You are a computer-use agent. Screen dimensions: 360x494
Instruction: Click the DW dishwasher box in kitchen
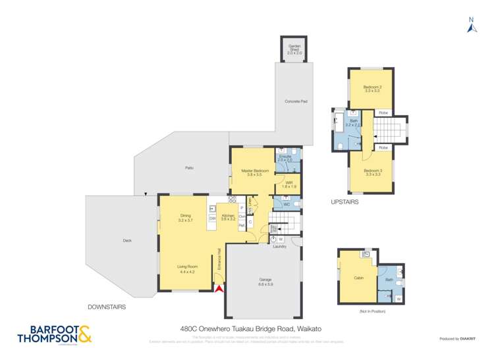click(x=213, y=218)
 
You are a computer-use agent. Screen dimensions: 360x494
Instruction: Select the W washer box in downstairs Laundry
click(x=281, y=239)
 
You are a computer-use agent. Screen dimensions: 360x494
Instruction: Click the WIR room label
click(x=289, y=184)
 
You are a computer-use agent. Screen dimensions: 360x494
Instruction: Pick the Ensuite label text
click(x=285, y=157)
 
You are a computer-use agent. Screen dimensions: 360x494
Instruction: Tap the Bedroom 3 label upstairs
click(x=373, y=172)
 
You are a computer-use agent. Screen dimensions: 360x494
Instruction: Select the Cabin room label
click(x=358, y=278)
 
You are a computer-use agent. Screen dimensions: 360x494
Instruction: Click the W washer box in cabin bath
click(x=398, y=299)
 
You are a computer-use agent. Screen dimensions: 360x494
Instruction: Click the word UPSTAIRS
click(x=344, y=203)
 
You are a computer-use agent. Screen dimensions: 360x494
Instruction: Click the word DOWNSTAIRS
click(x=107, y=307)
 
